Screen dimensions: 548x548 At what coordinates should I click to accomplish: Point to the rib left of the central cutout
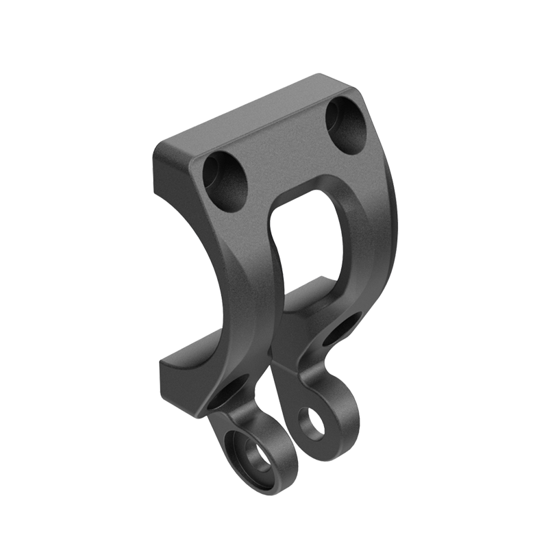(x=257, y=274)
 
